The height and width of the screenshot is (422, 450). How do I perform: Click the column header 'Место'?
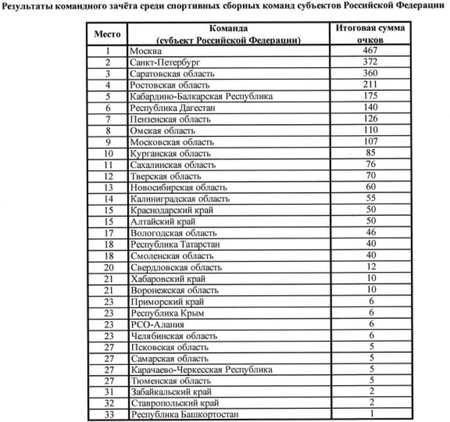pos(108,34)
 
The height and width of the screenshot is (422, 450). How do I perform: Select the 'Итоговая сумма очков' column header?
pos(370,34)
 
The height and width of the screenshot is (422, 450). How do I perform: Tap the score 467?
pos(370,51)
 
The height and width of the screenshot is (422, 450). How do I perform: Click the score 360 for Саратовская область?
pos(370,73)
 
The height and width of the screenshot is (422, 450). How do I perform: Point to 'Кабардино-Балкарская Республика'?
pos(201,96)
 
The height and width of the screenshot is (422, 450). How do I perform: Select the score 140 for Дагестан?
pos(370,107)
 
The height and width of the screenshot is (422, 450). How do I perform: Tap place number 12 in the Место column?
pos(108,176)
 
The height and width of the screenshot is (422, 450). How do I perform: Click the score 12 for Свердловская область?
pos(370,267)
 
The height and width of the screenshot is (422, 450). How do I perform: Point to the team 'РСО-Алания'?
pos(153,324)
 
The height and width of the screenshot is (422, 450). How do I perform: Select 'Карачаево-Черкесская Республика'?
pos(201,370)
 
